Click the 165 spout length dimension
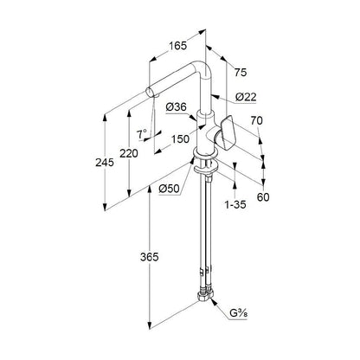(177, 46)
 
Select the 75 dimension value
(241, 73)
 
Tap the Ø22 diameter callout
(246, 97)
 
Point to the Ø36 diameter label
(177, 107)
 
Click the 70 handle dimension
(256, 120)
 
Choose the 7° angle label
(142, 134)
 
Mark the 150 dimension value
(181, 139)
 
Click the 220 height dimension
(129, 153)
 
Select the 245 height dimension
(105, 163)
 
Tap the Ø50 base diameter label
(169, 189)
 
